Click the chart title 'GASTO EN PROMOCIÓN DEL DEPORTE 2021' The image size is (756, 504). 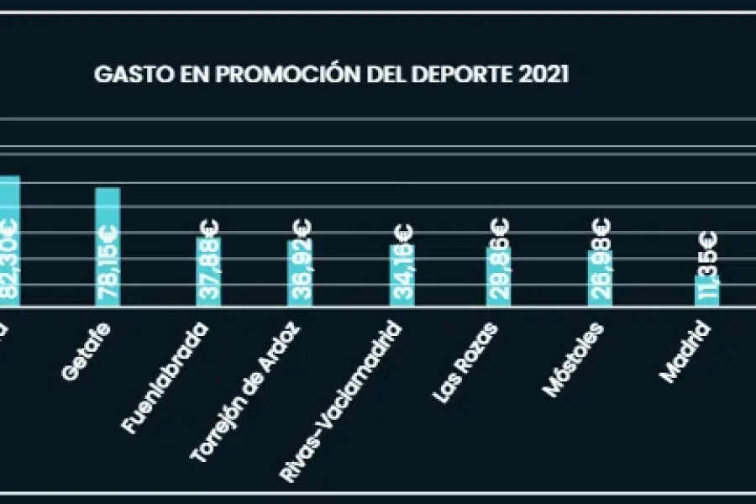click(332, 74)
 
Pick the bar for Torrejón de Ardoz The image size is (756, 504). click(301, 273)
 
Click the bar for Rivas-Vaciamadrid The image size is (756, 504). click(401, 276)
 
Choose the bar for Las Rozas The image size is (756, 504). click(499, 277)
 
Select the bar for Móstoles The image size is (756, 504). click(600, 279)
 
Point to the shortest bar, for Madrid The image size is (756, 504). click(706, 291)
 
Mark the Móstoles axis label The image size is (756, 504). click(572, 359)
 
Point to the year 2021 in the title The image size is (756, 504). click(544, 74)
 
